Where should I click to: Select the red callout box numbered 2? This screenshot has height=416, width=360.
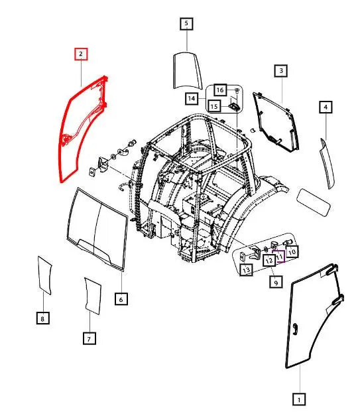click(x=81, y=54)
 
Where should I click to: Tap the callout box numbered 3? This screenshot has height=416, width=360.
click(x=281, y=70)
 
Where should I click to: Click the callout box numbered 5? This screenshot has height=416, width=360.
click(x=186, y=25)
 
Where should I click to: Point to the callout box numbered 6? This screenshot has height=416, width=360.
click(x=121, y=299)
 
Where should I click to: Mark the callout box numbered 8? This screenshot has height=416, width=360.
click(x=42, y=318)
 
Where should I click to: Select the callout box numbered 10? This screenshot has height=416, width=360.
click(x=292, y=251)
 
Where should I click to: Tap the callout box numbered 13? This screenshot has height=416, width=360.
click(x=245, y=270)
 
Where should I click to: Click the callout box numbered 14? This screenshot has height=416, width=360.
click(x=192, y=99)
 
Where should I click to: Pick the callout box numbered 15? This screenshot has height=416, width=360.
click(x=214, y=105)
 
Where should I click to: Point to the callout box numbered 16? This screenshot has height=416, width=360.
click(x=219, y=90)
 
